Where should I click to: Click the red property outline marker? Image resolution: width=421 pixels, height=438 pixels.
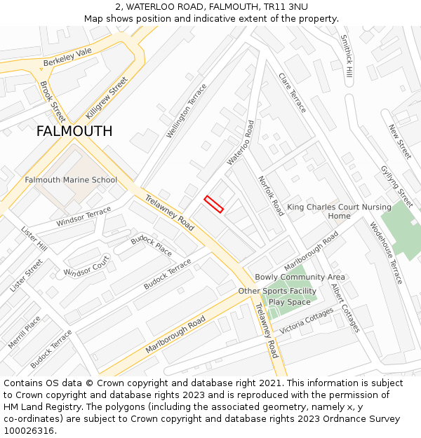point(214,204)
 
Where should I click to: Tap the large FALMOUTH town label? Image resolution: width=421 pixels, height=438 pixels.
point(74,131)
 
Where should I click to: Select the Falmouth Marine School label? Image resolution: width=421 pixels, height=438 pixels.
point(71,180)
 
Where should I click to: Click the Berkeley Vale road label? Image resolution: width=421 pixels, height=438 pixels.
point(67,57)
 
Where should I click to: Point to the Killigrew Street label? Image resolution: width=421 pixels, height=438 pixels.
point(106,97)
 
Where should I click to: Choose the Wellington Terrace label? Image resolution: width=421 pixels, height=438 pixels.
point(187,111)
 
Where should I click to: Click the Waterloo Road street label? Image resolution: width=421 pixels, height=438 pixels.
point(241,142)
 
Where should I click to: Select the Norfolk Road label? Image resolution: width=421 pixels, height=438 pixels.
point(271,196)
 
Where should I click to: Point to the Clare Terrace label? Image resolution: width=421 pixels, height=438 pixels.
point(293,93)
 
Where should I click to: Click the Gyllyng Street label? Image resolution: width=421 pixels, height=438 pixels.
point(396,182)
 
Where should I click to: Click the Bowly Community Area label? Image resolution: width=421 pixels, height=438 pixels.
point(300,278)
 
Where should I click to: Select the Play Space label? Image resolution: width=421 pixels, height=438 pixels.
point(289,302)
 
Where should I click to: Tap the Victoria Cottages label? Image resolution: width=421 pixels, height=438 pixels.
point(307,322)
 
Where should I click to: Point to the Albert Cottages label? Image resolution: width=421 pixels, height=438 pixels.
point(345,308)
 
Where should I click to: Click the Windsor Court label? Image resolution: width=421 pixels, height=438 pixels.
point(86,266)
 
